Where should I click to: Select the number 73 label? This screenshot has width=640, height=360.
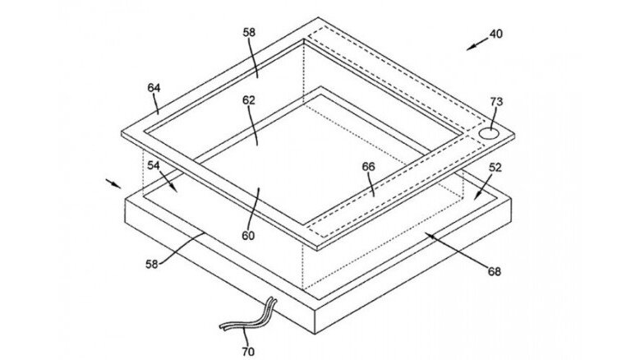tap(497, 102)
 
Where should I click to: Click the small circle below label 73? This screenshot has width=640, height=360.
tap(490, 132)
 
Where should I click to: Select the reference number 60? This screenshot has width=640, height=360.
tap(248, 235)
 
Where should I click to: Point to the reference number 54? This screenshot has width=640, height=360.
tap(153, 164)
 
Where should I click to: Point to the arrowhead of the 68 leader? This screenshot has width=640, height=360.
tap(426, 235)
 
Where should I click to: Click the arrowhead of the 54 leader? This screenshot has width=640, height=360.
tap(175, 188)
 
